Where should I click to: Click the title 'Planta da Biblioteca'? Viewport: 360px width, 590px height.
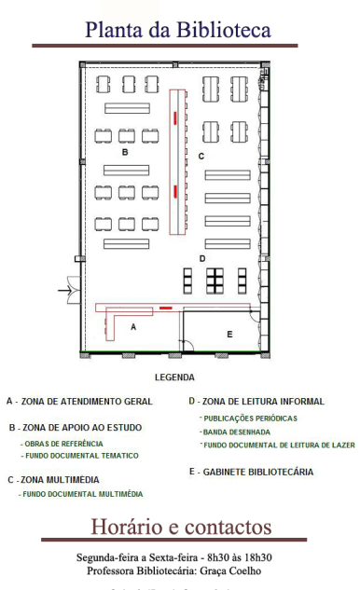[178, 31]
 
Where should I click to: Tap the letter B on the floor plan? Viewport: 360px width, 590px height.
[124, 150]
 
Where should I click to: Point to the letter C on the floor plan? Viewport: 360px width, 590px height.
[201, 156]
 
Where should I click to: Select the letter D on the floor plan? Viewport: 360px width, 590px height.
[201, 258]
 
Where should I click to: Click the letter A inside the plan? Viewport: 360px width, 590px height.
[133, 327]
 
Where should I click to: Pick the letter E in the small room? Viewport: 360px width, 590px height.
[229, 333]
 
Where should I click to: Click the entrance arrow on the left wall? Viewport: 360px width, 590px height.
[68, 292]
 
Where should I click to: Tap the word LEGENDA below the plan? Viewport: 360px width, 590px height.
[174, 377]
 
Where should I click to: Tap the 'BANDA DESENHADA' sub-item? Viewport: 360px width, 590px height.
[237, 432]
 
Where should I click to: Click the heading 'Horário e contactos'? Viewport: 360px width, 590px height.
[180, 527]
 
